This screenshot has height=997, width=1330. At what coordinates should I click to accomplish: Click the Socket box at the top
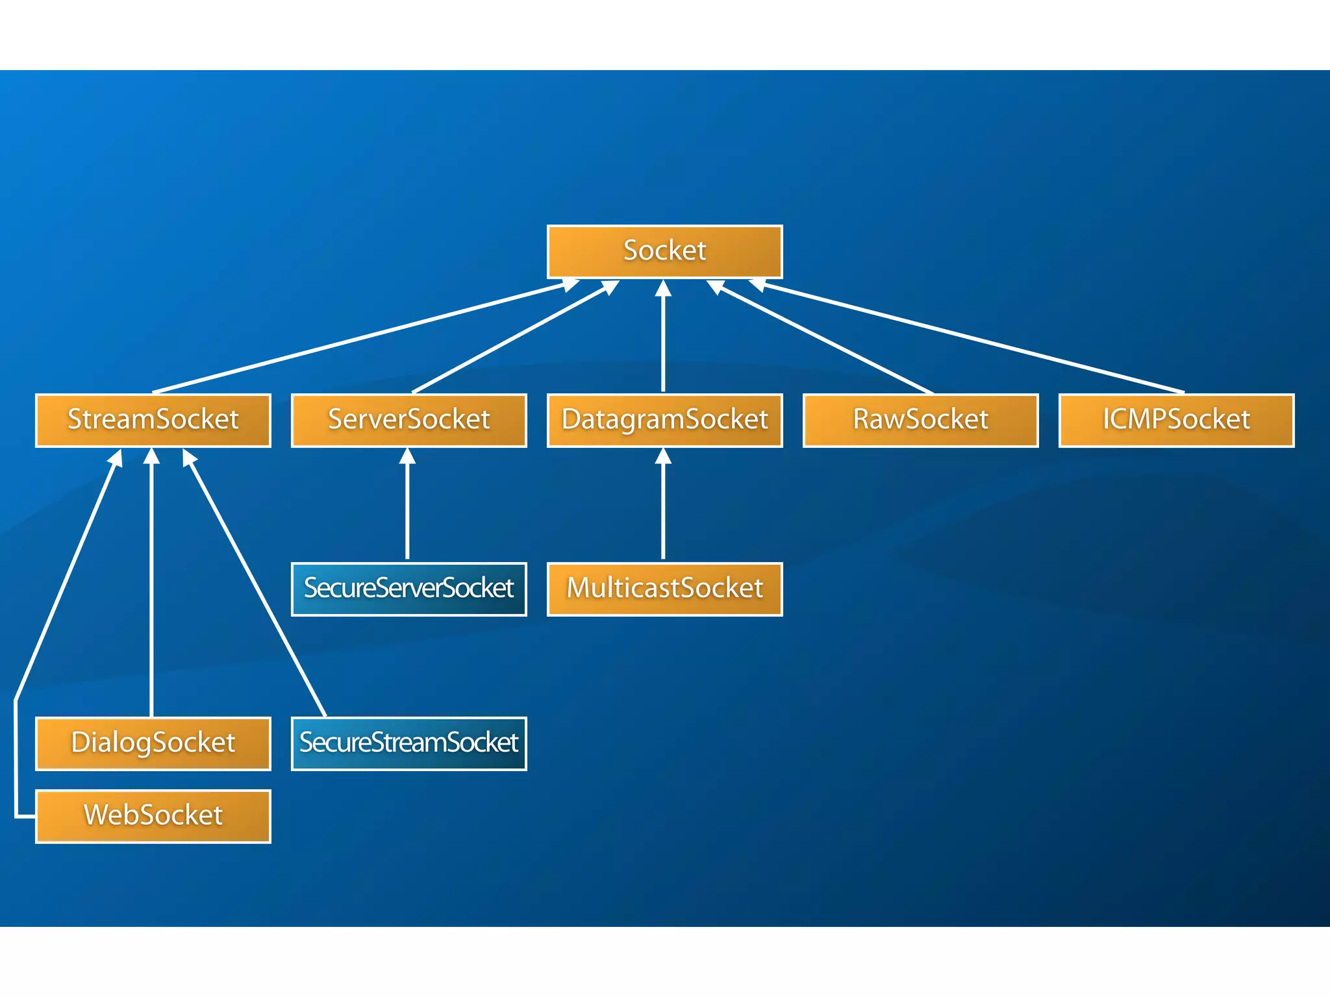[x=664, y=251]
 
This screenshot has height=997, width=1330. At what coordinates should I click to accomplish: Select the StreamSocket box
[x=153, y=420]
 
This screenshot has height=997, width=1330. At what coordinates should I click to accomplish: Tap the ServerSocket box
[x=408, y=420]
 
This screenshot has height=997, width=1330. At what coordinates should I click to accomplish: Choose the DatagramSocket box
[x=664, y=420]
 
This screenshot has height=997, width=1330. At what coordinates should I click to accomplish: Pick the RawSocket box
[x=920, y=420]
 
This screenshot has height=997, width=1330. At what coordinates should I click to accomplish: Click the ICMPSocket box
[x=1176, y=420]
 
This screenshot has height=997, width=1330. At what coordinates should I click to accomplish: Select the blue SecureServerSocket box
[x=408, y=589]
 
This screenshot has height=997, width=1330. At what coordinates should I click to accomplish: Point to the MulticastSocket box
[x=664, y=589]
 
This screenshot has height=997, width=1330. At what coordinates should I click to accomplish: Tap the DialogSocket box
[x=153, y=743]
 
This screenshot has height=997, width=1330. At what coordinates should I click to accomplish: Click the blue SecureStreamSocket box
[x=408, y=743]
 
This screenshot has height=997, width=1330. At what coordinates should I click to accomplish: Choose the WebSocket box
[x=153, y=816]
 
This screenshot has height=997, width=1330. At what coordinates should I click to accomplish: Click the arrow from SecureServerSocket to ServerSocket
[x=407, y=506]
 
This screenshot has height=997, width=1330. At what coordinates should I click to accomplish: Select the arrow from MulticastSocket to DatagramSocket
[x=663, y=506]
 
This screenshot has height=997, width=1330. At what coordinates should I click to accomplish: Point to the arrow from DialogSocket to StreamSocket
[x=151, y=584]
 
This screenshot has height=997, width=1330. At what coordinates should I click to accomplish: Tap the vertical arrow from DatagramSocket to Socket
[x=663, y=338]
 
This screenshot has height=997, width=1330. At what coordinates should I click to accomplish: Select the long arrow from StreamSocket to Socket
[x=357, y=338]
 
